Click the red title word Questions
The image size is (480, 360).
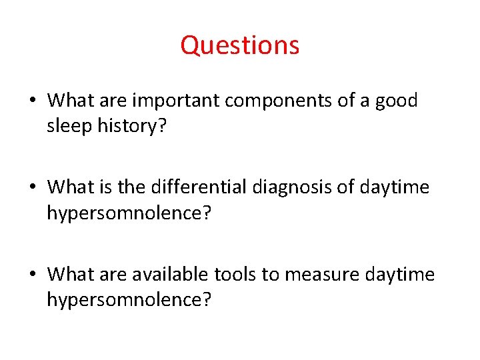(240, 45)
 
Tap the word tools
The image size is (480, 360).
(233, 274)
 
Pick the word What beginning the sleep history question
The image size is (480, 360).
(67, 101)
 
